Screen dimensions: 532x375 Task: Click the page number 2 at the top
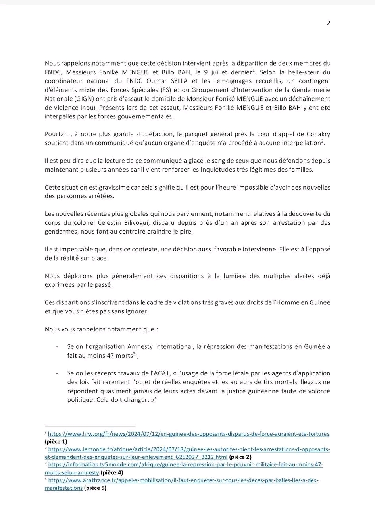tap(328, 23)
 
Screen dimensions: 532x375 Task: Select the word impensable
tap(69, 249)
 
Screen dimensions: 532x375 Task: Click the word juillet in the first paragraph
tap(228, 72)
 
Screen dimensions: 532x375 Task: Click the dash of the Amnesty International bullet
tap(58, 347)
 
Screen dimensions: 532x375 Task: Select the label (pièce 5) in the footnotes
tap(95, 488)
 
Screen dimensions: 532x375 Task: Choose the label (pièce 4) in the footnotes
tap(112, 472)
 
